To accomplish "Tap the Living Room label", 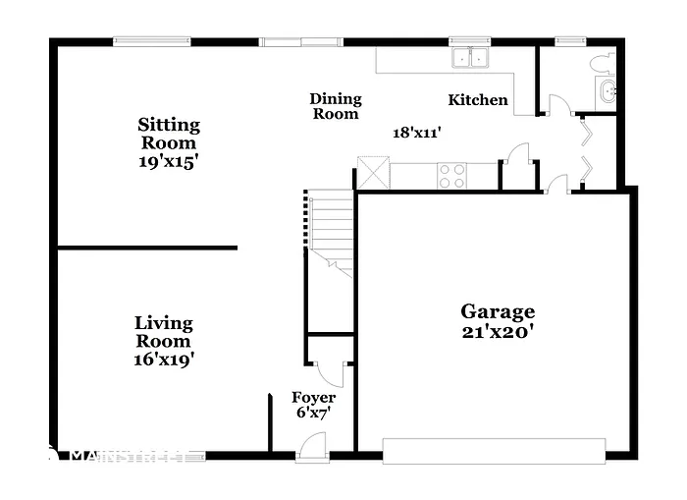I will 164,332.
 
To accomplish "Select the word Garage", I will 498,311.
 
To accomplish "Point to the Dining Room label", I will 336,106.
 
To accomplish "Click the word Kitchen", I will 478,100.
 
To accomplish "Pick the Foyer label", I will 314,398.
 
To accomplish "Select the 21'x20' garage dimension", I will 498,332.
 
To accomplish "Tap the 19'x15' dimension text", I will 169,161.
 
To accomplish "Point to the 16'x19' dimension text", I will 164,360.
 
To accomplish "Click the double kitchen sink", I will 471,58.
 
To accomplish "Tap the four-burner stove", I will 452,175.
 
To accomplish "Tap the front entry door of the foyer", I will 313,446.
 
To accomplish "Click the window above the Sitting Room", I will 151,41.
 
